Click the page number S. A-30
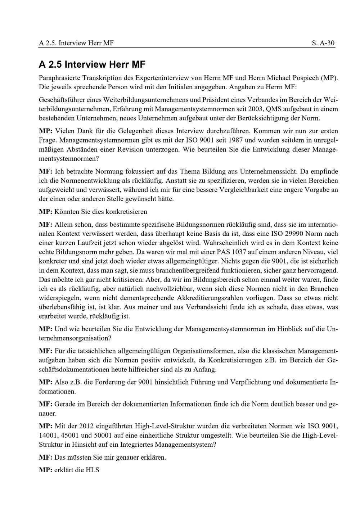coord(323,43)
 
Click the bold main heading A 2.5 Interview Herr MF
coord(92,65)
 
